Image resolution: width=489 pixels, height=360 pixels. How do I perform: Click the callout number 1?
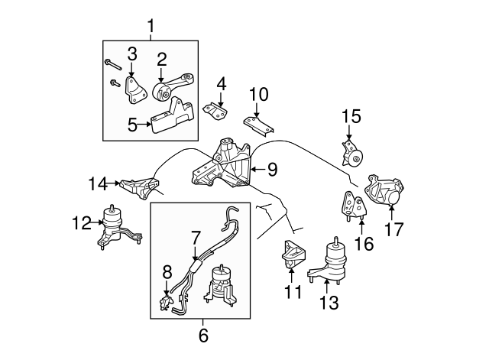(150, 28)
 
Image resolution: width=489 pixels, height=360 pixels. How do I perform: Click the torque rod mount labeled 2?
(173, 89)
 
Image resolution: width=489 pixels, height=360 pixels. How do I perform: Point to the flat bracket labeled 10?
(257, 123)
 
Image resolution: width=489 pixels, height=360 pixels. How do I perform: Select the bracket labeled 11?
(293, 255)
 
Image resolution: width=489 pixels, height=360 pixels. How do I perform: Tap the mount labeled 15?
(352, 154)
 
